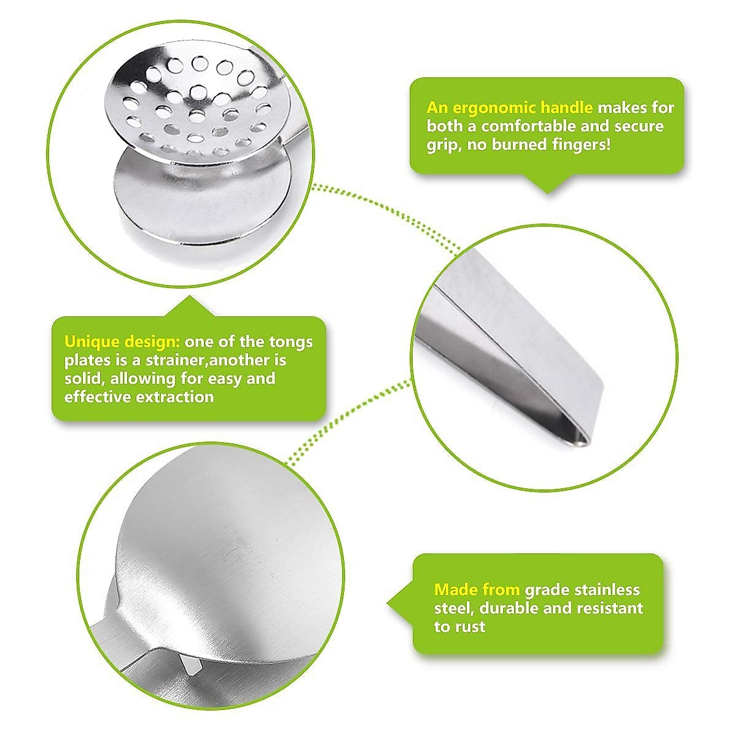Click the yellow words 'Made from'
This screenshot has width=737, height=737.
(477, 590)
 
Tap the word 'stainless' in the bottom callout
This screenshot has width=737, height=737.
(607, 590)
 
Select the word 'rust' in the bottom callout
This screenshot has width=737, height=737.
(470, 627)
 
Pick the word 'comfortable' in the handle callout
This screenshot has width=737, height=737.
(534, 127)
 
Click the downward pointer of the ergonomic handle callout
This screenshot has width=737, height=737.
(547, 184)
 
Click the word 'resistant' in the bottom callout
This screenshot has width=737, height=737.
(609, 609)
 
